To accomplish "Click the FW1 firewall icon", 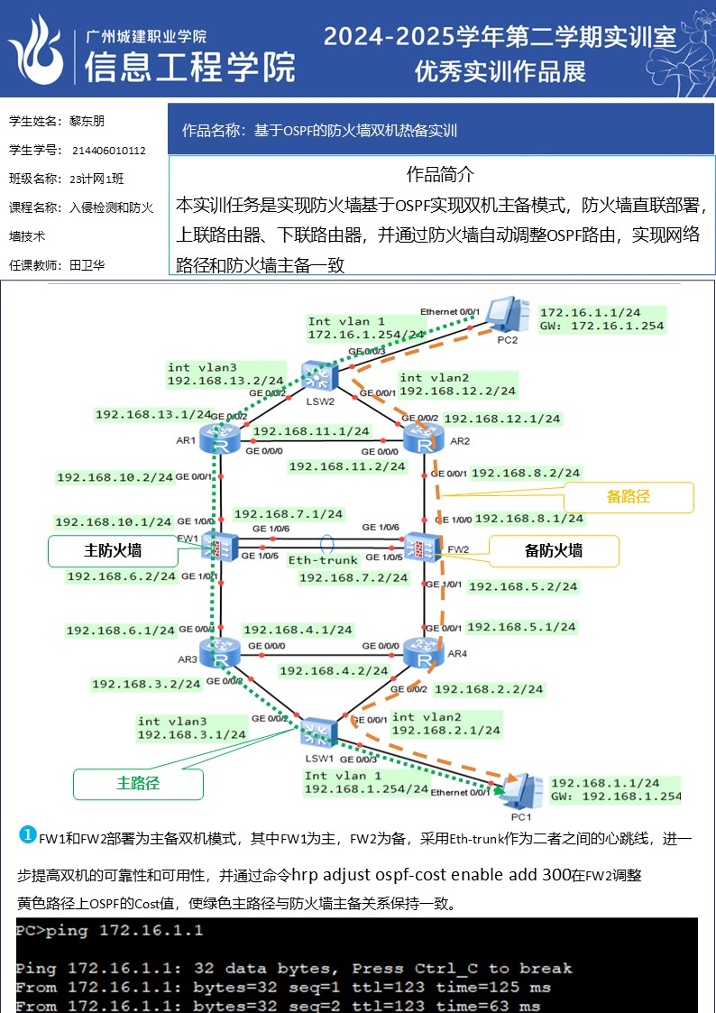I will click(x=219, y=546).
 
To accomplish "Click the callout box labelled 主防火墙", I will click(x=113, y=550).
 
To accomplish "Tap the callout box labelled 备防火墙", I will click(x=554, y=550).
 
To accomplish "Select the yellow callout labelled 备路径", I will click(x=629, y=497).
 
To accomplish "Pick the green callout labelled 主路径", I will click(x=138, y=783).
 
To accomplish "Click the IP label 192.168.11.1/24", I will click(x=312, y=432).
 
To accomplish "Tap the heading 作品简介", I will click(x=440, y=174).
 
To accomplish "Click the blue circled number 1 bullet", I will click(x=27, y=835).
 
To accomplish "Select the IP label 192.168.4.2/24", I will click(x=334, y=671).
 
